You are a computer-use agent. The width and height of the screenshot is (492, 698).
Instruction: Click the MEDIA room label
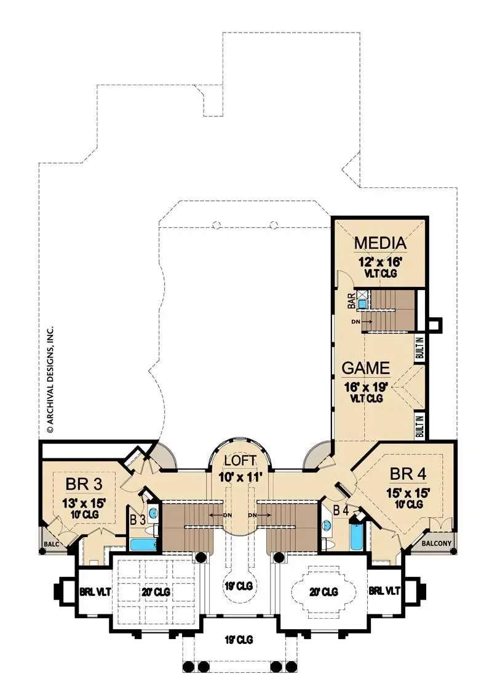point(380,243)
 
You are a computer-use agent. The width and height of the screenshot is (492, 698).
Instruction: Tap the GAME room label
point(365,368)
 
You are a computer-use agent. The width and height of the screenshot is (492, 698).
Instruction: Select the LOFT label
point(240,460)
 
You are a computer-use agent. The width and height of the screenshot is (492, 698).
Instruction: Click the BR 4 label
point(408,474)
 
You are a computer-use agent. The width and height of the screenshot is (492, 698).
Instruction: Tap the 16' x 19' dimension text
point(366,386)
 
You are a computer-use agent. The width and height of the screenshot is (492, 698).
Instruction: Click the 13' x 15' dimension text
point(84,503)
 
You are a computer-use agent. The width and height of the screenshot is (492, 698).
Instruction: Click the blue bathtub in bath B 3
point(143,544)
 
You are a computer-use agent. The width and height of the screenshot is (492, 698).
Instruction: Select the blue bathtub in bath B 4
point(357,537)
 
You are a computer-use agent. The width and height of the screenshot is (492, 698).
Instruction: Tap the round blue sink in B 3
point(153,513)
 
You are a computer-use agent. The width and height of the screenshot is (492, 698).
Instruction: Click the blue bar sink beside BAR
point(363,304)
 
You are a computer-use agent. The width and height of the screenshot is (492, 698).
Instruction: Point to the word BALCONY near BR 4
point(437,543)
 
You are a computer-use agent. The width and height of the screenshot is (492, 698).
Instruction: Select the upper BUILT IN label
point(420,348)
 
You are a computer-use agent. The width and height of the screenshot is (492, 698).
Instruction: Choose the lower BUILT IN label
point(420,426)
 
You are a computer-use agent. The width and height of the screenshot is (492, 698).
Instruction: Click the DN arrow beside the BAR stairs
point(361,321)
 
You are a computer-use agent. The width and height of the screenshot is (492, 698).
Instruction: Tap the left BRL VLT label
point(95,592)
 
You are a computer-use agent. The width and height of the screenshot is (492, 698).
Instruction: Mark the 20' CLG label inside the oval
point(324,592)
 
